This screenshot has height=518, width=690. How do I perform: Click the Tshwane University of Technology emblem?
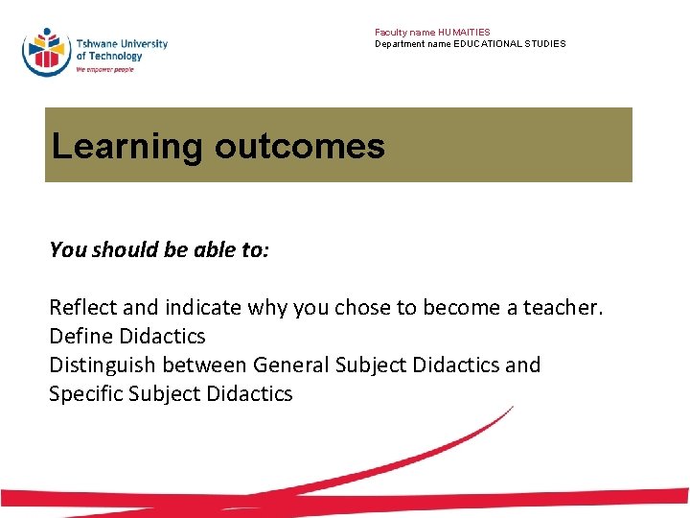[x=46, y=51]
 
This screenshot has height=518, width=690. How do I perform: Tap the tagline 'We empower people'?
[x=104, y=70]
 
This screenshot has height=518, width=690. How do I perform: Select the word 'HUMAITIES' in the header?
[x=465, y=33]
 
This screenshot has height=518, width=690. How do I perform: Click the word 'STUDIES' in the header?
[x=546, y=44]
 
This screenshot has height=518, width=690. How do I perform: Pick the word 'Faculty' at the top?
[x=390, y=33]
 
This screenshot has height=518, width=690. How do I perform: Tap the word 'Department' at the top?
[x=398, y=44]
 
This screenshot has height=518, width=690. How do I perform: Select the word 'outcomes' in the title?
[x=299, y=147]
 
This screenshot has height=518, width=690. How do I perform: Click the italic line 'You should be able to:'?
[x=159, y=250]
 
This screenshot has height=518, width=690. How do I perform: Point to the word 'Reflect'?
[x=83, y=308]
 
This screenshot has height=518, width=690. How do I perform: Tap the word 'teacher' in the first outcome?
[x=566, y=308]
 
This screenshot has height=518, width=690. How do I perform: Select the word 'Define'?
[x=81, y=337]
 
